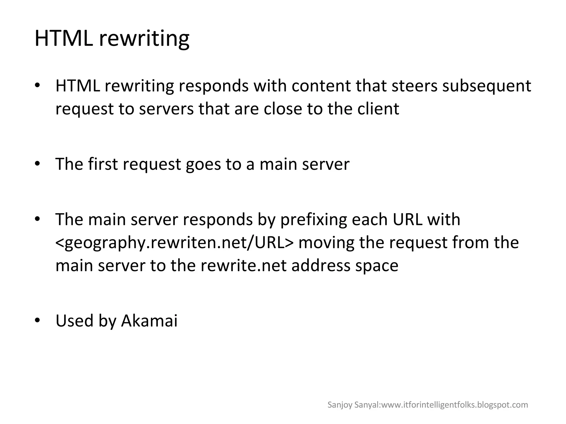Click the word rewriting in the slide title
144,39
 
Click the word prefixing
313,220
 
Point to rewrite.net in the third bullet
243,265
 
